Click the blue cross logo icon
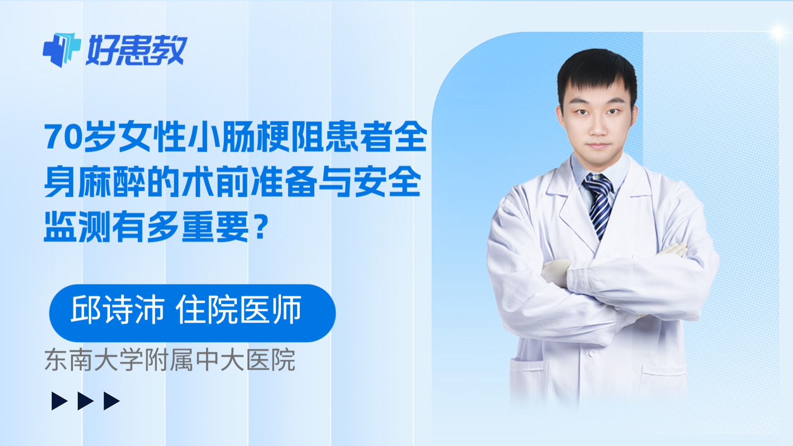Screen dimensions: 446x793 pyautogui.click(x=61, y=50)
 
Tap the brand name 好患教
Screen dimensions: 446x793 pyautogui.click(x=137, y=51)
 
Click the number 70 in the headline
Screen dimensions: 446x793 pyautogui.click(x=63, y=137)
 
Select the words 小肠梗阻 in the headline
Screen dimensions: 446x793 pyautogui.click(x=255, y=137)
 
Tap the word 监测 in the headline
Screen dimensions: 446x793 pyautogui.click(x=77, y=227)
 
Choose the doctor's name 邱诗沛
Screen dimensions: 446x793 pyautogui.click(x=117, y=310)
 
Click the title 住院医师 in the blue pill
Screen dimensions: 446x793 pyautogui.click(x=238, y=310)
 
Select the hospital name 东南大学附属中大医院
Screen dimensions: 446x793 pyautogui.click(x=170, y=360)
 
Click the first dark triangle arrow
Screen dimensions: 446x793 pyautogui.click(x=59, y=401)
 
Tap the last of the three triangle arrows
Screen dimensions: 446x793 pyautogui.click(x=112, y=401)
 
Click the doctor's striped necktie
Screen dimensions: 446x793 pyautogui.click(x=599, y=203)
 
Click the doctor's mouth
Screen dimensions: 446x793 pyautogui.click(x=598, y=146)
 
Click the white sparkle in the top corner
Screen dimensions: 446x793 pyautogui.click(x=778, y=32)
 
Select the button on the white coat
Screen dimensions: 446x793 pyautogui.click(x=591, y=354)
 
